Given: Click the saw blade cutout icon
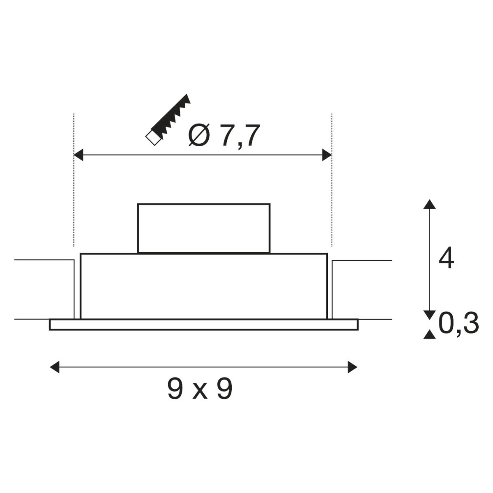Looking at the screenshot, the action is tap(168, 120).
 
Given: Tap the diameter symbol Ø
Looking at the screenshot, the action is tap(199, 135).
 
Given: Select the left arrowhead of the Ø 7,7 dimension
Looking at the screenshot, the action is tap(78, 155).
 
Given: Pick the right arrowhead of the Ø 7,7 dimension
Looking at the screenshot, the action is tap(327, 155).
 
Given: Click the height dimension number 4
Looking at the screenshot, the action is tap(446, 258).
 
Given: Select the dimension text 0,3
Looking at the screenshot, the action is tap(458, 324).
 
